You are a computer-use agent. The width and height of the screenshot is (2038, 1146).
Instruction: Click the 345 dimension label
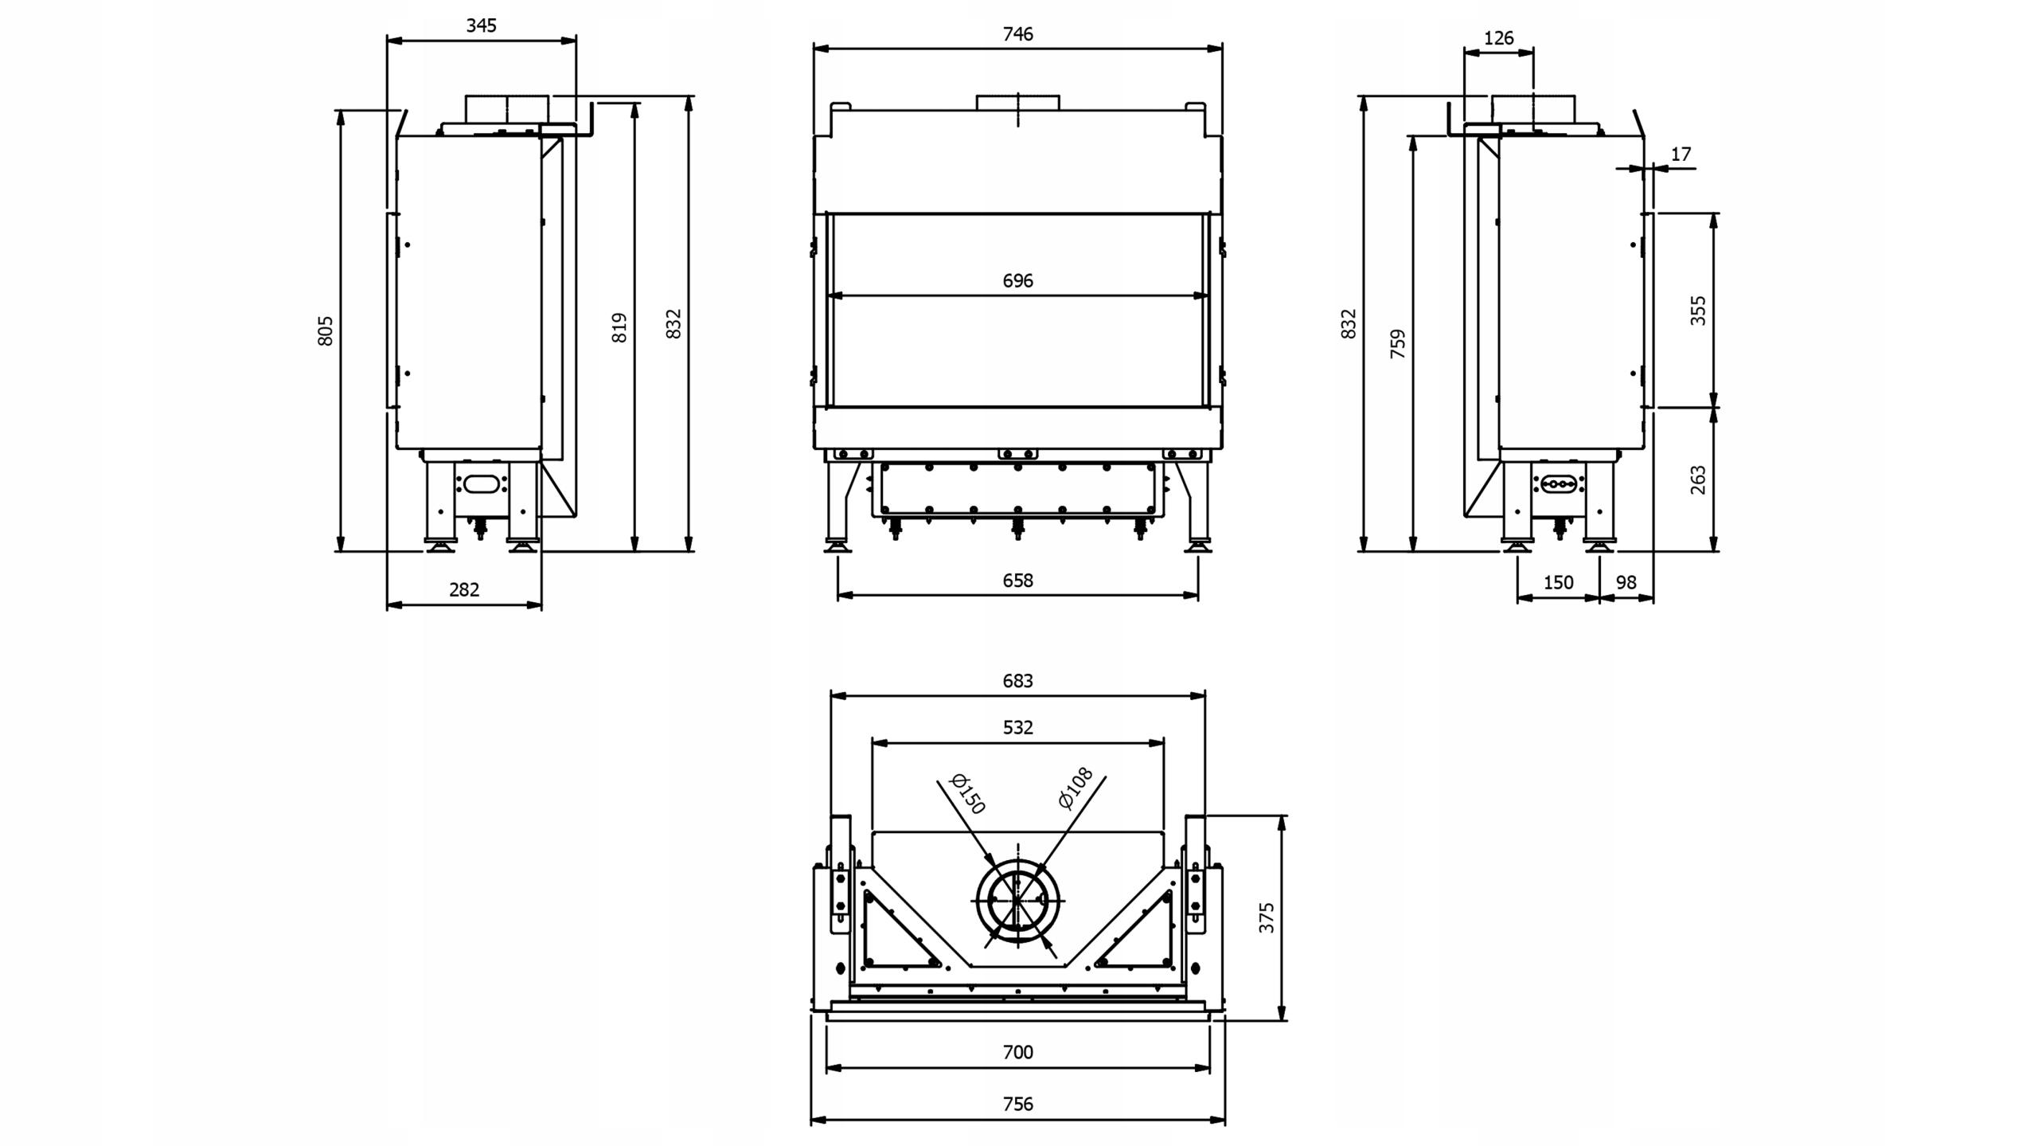(481, 25)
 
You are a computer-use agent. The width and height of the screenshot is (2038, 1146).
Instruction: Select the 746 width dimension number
(1017, 33)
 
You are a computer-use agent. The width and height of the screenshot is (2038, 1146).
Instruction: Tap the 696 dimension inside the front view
(1017, 280)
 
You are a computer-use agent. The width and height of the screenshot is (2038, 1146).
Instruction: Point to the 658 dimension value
(1017, 581)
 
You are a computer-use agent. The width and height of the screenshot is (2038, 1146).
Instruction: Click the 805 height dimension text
(325, 331)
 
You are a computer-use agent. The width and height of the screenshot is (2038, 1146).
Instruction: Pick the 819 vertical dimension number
(619, 327)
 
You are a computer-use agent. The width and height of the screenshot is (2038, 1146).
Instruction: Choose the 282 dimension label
(464, 589)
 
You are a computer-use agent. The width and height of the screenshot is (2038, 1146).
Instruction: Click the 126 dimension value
(1498, 37)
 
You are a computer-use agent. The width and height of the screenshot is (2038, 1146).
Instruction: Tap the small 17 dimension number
(1680, 154)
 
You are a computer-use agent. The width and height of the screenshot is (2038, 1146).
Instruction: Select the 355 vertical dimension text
(1698, 311)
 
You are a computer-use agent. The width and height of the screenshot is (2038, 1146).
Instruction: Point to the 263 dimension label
(1698, 479)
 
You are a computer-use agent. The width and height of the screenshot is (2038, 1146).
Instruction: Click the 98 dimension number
(1626, 582)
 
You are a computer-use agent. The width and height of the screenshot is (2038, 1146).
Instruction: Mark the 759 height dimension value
(1398, 343)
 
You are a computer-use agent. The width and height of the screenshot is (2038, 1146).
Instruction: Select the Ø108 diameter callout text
(1076, 788)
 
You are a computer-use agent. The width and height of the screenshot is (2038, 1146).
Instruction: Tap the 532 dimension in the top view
(1017, 727)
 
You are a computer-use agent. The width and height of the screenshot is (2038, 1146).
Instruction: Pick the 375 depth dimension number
(1267, 917)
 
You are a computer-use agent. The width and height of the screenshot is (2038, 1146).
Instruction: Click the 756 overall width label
(1017, 1104)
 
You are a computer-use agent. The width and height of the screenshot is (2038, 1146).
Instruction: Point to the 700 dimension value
(1017, 1052)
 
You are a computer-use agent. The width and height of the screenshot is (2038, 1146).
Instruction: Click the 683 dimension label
(1017, 681)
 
